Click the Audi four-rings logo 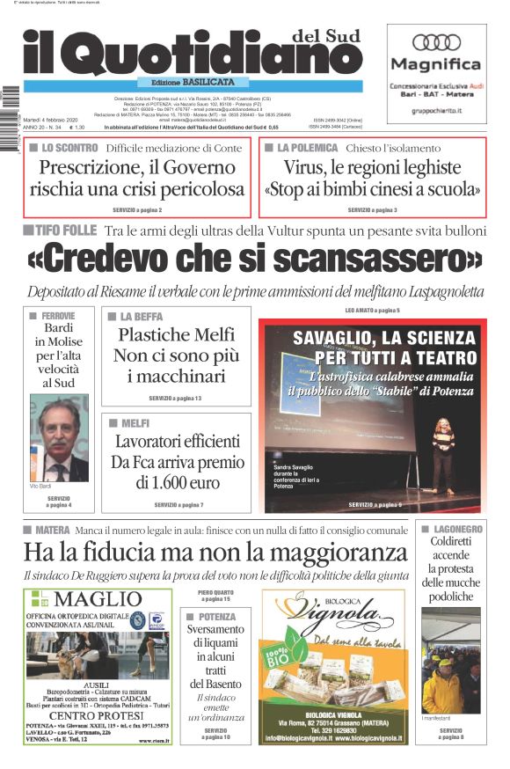click(436, 42)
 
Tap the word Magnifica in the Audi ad click(436, 64)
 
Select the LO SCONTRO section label click(69, 148)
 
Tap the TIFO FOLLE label click(66, 230)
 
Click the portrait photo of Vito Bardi click(59, 437)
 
